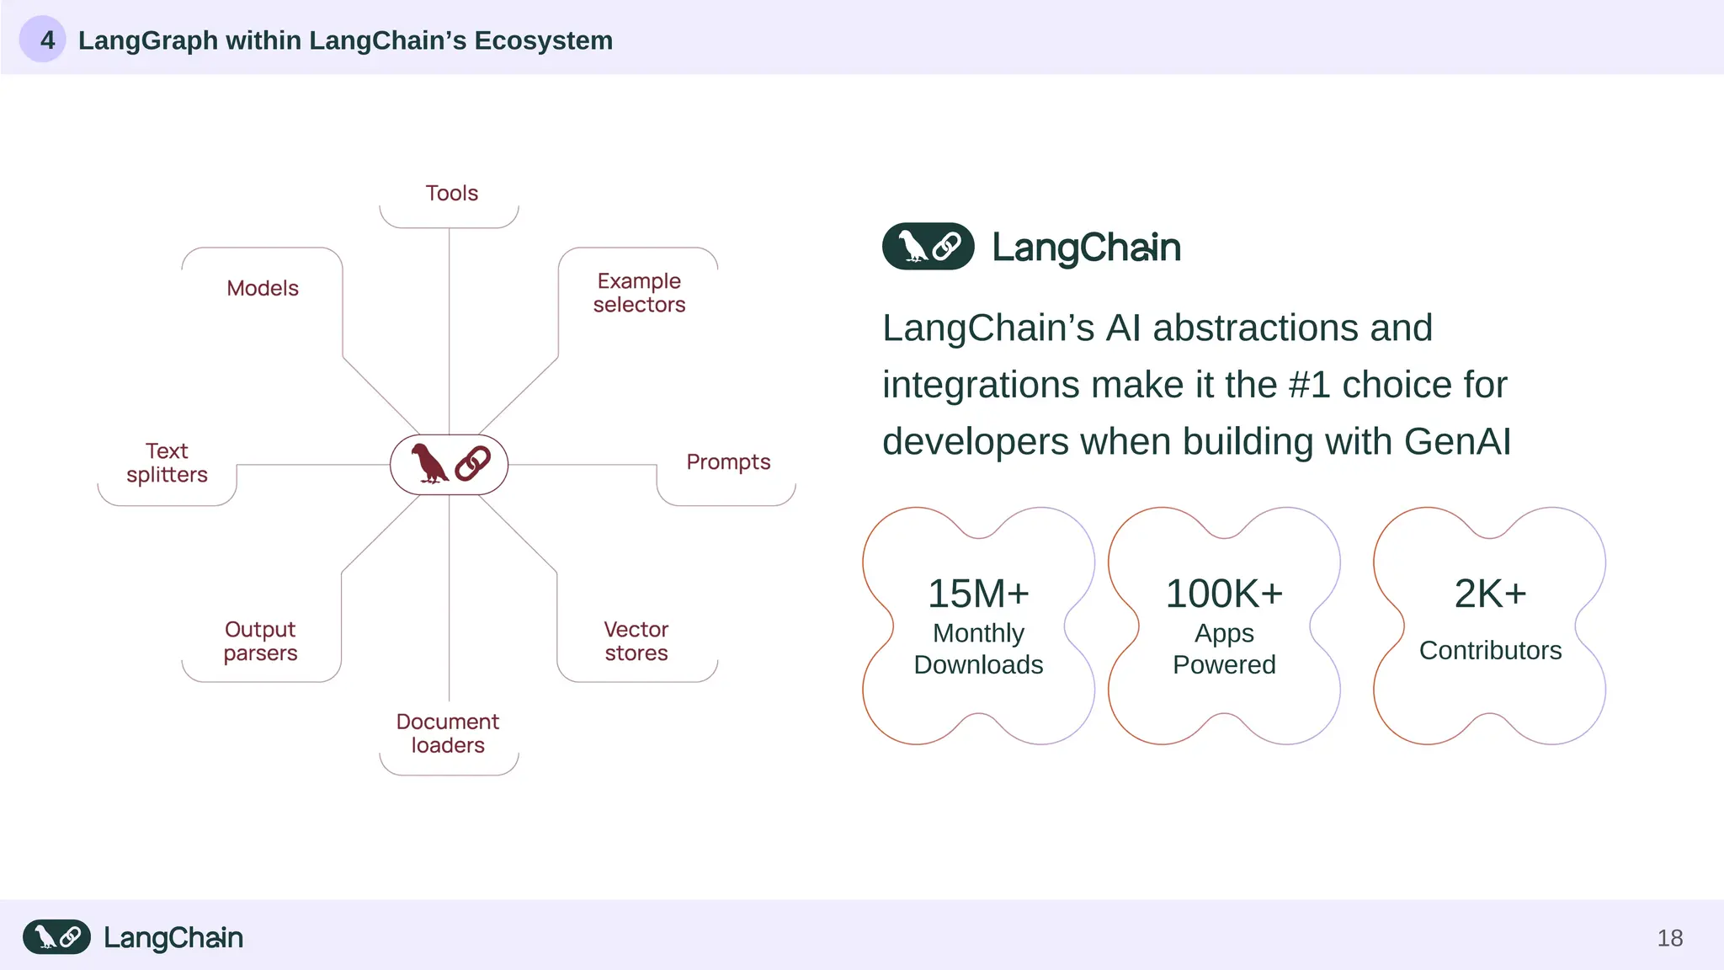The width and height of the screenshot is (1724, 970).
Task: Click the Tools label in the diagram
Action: pos(451,194)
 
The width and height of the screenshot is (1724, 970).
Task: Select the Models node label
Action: pos(263,289)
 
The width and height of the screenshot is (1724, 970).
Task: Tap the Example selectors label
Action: pos(639,293)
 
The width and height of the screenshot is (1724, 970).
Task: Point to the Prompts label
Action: pos(728,462)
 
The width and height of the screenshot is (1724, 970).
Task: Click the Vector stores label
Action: pos(636,642)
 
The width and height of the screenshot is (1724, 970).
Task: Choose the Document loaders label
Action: pos(448,733)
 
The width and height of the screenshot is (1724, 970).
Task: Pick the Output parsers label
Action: pos(260,642)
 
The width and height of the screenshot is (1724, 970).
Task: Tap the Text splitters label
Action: pos(167,463)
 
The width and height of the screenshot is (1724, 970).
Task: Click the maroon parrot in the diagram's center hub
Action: pos(429,464)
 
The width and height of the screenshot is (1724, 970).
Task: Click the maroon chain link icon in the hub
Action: pos(472,464)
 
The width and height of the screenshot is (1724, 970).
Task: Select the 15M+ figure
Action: pos(978,594)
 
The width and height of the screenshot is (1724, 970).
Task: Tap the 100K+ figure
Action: pos(1224,594)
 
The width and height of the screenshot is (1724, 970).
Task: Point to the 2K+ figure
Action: pos(1490,594)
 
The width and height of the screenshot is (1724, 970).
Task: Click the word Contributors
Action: pos(1490,651)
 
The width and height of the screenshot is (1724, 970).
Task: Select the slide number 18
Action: pos(1669,938)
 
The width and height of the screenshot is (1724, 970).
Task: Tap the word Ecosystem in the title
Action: pos(543,40)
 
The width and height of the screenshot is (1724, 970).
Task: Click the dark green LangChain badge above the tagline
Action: pos(928,247)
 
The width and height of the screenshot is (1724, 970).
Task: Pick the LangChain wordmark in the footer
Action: pos(173,938)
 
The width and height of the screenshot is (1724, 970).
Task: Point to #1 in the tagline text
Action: pos(1309,386)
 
